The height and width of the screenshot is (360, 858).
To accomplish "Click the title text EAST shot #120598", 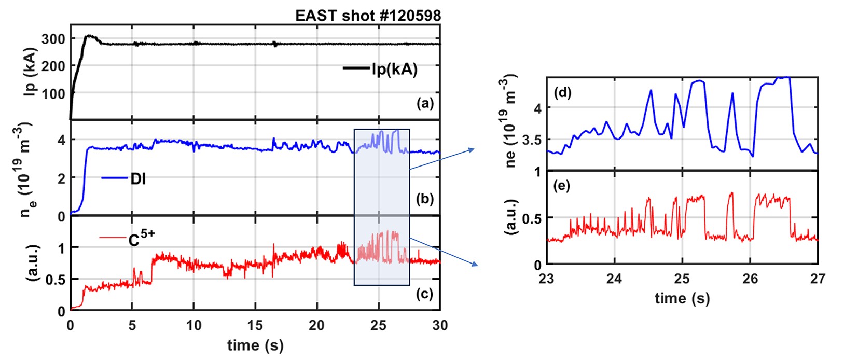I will pyautogui.click(x=368, y=16).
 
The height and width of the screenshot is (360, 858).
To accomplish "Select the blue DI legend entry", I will pyautogui.click(x=138, y=179).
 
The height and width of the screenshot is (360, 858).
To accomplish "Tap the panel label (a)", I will pyautogui.click(x=425, y=103).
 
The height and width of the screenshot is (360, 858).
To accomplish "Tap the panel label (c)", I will pyautogui.click(x=425, y=294).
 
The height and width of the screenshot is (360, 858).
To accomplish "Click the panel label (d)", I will pyautogui.click(x=562, y=93).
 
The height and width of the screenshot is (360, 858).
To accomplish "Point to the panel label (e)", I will pyautogui.click(x=562, y=185).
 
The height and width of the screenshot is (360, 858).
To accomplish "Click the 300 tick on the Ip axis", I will pyautogui.click(x=53, y=39).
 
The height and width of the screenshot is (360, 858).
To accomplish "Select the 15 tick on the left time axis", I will pyautogui.click(x=255, y=326).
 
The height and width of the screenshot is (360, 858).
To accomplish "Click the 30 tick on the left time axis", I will pyautogui.click(x=439, y=326).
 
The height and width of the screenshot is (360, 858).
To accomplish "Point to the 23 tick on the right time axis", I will pyautogui.click(x=547, y=279).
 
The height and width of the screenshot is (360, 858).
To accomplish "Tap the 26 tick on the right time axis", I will pyautogui.click(x=750, y=279).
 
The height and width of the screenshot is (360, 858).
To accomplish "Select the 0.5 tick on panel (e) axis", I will pyautogui.click(x=530, y=218).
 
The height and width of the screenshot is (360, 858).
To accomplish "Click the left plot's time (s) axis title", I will pyautogui.click(x=255, y=345).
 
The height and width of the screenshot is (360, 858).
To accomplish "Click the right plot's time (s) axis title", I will pyautogui.click(x=682, y=298).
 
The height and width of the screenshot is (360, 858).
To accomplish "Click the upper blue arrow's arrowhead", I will pyautogui.click(x=473, y=150).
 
